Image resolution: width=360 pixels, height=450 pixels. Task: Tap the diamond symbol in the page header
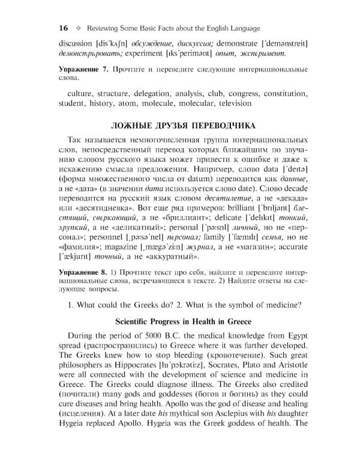(x=78, y=28)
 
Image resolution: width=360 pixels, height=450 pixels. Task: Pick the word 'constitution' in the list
(x=286, y=94)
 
